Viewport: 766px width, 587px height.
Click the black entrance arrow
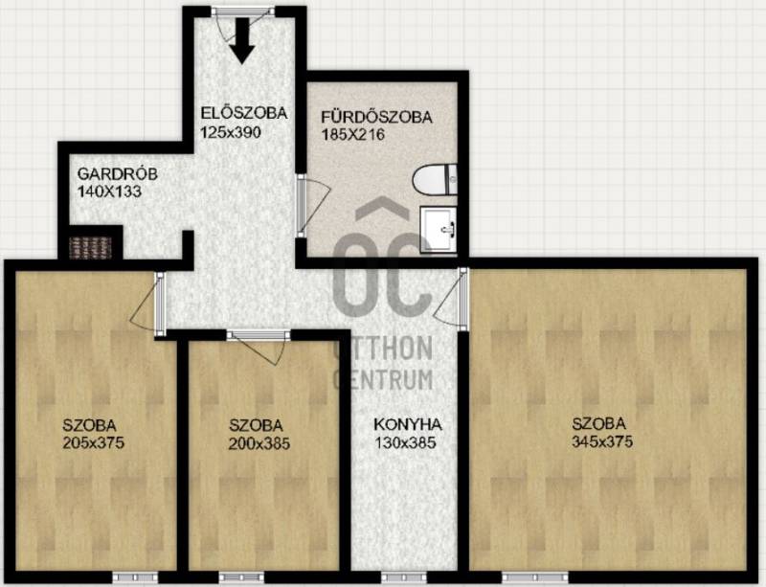click(242, 41)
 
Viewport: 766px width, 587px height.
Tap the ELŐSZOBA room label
click(244, 113)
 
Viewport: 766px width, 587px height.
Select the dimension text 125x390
click(231, 132)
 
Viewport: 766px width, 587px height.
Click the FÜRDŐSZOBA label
click(376, 117)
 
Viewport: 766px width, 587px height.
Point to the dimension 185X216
click(352, 134)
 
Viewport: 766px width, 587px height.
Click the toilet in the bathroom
click(435, 179)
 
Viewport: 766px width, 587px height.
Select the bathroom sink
click(439, 229)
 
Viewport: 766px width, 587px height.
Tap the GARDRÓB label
click(117, 174)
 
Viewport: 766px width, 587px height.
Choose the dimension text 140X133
click(109, 192)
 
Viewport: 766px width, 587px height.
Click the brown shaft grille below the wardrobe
click(90, 248)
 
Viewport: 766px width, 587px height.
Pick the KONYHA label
click(408, 424)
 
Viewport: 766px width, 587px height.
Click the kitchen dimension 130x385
click(405, 442)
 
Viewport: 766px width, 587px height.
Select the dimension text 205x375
click(93, 442)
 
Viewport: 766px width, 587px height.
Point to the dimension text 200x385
click(259, 443)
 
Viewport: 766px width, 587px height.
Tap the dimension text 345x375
click(602, 441)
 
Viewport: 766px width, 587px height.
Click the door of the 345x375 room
click(451, 298)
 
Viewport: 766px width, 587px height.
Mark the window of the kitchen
click(404, 576)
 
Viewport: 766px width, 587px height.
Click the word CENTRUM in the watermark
click(383, 379)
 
